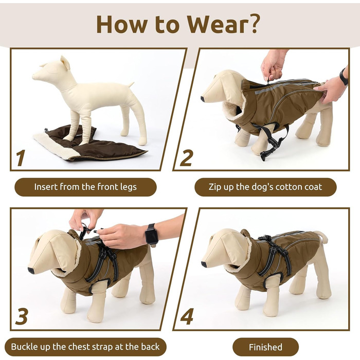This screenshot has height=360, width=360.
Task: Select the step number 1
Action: [21, 158]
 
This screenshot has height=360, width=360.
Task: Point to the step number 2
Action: [186, 158]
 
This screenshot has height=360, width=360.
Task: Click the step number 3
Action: [22, 316]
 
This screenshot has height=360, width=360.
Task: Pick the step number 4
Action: [187, 316]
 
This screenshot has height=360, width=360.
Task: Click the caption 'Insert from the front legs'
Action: [85, 187]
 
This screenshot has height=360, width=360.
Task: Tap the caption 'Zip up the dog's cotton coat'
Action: [265, 187]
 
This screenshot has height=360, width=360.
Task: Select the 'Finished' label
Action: [265, 347]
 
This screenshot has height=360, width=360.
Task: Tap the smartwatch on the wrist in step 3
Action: [152, 234]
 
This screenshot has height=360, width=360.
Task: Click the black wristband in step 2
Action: [344, 77]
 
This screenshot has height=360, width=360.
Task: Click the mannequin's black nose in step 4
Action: [204, 264]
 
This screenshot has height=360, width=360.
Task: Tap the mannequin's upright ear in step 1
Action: [65, 62]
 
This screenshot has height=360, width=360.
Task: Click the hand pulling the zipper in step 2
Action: [273, 65]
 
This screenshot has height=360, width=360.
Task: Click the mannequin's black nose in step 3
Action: [31, 271]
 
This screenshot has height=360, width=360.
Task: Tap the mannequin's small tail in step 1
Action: [131, 84]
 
